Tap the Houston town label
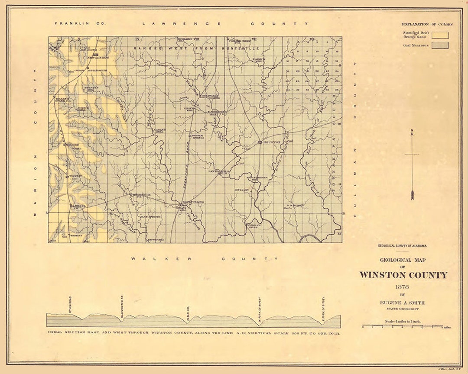click(272, 142)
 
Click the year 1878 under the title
click(403, 287)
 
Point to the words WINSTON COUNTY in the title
click(403, 275)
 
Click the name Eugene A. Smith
click(403, 303)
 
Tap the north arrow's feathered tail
click(412, 194)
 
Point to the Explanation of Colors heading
click(427, 24)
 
